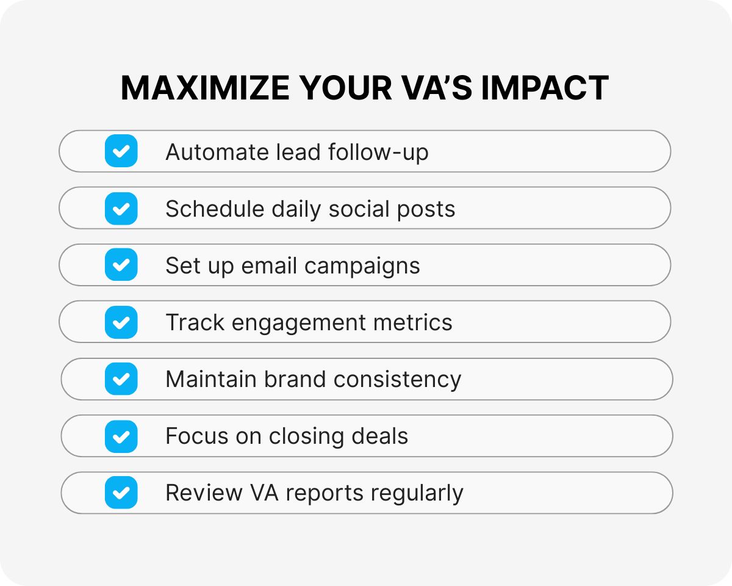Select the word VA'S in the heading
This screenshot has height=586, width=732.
point(435,88)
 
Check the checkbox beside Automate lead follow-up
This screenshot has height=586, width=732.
point(121,151)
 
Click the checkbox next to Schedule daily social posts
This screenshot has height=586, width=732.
point(121,208)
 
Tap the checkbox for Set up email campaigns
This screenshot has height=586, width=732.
point(121,265)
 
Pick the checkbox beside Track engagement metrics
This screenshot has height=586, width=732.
point(121,322)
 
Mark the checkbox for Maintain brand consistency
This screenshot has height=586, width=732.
point(121,379)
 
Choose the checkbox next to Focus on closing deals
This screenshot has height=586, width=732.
point(121,436)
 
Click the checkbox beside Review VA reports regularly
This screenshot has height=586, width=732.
point(121,493)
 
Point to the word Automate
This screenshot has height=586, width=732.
point(207,151)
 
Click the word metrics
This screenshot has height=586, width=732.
point(420,322)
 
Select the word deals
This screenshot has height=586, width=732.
point(379,436)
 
